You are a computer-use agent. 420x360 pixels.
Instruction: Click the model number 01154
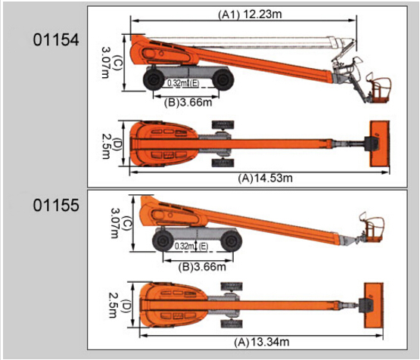56,40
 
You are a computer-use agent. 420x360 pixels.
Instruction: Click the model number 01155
56,206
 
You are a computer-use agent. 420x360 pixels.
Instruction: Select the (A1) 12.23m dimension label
250,14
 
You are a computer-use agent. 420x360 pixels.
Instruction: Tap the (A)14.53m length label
265,178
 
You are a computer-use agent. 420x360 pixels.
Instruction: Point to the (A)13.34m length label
262,342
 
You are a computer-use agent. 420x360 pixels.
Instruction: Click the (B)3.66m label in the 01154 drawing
188,103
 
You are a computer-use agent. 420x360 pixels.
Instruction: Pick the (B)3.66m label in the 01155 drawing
202,267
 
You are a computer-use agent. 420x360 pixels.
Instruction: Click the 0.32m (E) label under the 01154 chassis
183,83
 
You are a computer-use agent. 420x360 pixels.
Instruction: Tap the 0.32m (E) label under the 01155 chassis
191,246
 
